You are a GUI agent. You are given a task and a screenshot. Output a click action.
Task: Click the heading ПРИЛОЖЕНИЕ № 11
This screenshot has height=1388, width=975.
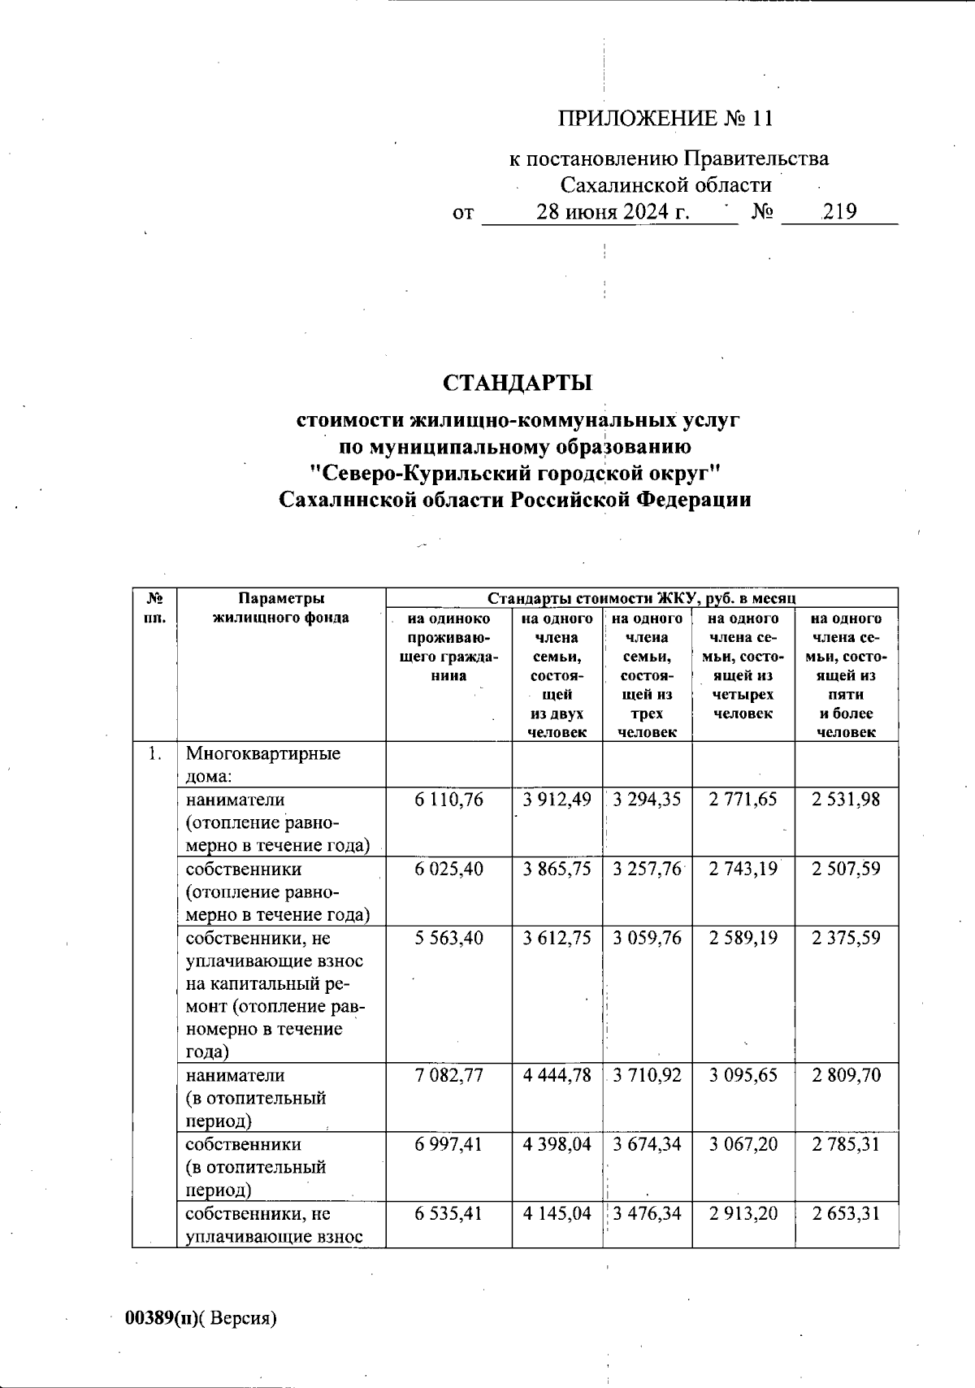point(665,119)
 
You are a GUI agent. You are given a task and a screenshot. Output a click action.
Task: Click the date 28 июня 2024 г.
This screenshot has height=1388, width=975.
point(613,212)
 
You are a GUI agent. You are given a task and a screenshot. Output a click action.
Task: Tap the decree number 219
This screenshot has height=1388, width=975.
point(839,212)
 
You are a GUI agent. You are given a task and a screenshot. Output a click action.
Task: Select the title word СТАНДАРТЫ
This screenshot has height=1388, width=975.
point(518,382)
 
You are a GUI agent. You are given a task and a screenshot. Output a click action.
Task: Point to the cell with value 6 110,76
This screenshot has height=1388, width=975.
point(448,800)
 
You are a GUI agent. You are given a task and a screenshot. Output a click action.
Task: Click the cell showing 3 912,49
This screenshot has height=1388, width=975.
point(557,800)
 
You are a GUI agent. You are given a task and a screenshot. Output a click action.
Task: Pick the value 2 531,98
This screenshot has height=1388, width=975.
point(846,800)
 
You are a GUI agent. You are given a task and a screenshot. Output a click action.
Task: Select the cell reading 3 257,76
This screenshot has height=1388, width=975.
point(647,869)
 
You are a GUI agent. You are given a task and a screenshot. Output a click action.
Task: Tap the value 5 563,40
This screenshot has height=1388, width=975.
point(448,938)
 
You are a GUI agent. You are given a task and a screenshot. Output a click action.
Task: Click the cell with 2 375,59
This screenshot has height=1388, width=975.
point(846,938)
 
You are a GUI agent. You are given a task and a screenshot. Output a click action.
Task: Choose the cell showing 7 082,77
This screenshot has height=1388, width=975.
point(448,1075)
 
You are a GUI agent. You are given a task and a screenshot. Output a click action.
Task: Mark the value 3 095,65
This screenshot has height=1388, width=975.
point(743,1075)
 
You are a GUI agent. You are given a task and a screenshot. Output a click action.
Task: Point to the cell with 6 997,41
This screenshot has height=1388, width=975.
point(448,1144)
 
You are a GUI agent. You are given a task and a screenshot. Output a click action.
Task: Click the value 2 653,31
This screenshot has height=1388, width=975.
point(846,1213)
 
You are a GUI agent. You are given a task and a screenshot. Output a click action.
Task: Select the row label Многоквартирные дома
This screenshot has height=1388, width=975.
point(262,764)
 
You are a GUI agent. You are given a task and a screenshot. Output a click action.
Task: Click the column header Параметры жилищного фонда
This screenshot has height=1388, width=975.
point(281,608)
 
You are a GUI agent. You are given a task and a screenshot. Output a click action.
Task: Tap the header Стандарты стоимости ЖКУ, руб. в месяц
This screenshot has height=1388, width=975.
point(641,598)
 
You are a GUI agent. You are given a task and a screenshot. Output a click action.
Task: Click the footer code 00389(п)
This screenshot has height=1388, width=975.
point(161,1318)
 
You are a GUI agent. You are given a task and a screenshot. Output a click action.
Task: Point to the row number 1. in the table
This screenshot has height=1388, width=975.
point(154,754)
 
